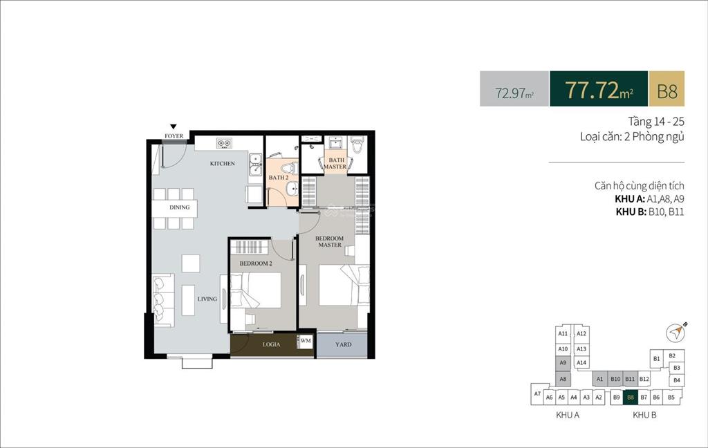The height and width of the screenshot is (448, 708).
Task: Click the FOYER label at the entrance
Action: click(x=174, y=136)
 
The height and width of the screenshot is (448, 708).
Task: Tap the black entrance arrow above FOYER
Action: click(x=174, y=127)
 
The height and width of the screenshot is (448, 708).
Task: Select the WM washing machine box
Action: click(x=306, y=342)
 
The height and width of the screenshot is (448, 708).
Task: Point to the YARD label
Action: click(x=343, y=344)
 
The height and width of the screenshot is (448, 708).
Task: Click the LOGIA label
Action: click(x=271, y=344)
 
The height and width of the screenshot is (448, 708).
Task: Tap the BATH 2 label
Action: click(x=278, y=178)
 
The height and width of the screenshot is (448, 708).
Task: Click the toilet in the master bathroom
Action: click(x=357, y=144)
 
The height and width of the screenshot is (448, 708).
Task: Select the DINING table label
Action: click(x=179, y=207)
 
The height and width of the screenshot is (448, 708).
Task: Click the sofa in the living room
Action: click(x=163, y=300)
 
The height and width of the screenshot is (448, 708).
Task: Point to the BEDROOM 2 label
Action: click(x=256, y=263)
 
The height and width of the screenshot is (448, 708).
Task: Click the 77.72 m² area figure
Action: click(x=599, y=89)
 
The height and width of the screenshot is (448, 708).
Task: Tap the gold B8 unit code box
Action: click(x=667, y=89)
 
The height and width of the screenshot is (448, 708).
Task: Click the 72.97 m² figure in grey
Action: click(x=514, y=93)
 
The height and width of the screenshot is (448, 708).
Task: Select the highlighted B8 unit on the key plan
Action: click(x=631, y=398)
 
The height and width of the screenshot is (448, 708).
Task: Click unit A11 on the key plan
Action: click(x=563, y=334)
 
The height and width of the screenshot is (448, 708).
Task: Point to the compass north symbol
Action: click(x=676, y=333)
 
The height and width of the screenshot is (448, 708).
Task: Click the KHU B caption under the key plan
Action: click(x=644, y=415)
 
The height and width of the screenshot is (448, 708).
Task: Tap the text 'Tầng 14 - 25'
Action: click(x=656, y=122)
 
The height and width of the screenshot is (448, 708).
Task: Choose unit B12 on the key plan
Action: click(x=644, y=379)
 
